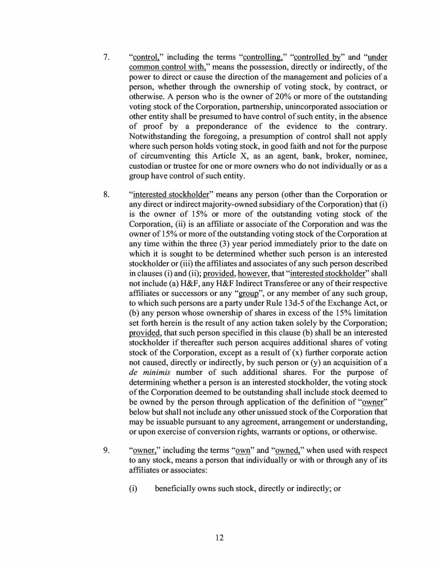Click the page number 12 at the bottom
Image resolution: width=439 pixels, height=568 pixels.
(x=219, y=538)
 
